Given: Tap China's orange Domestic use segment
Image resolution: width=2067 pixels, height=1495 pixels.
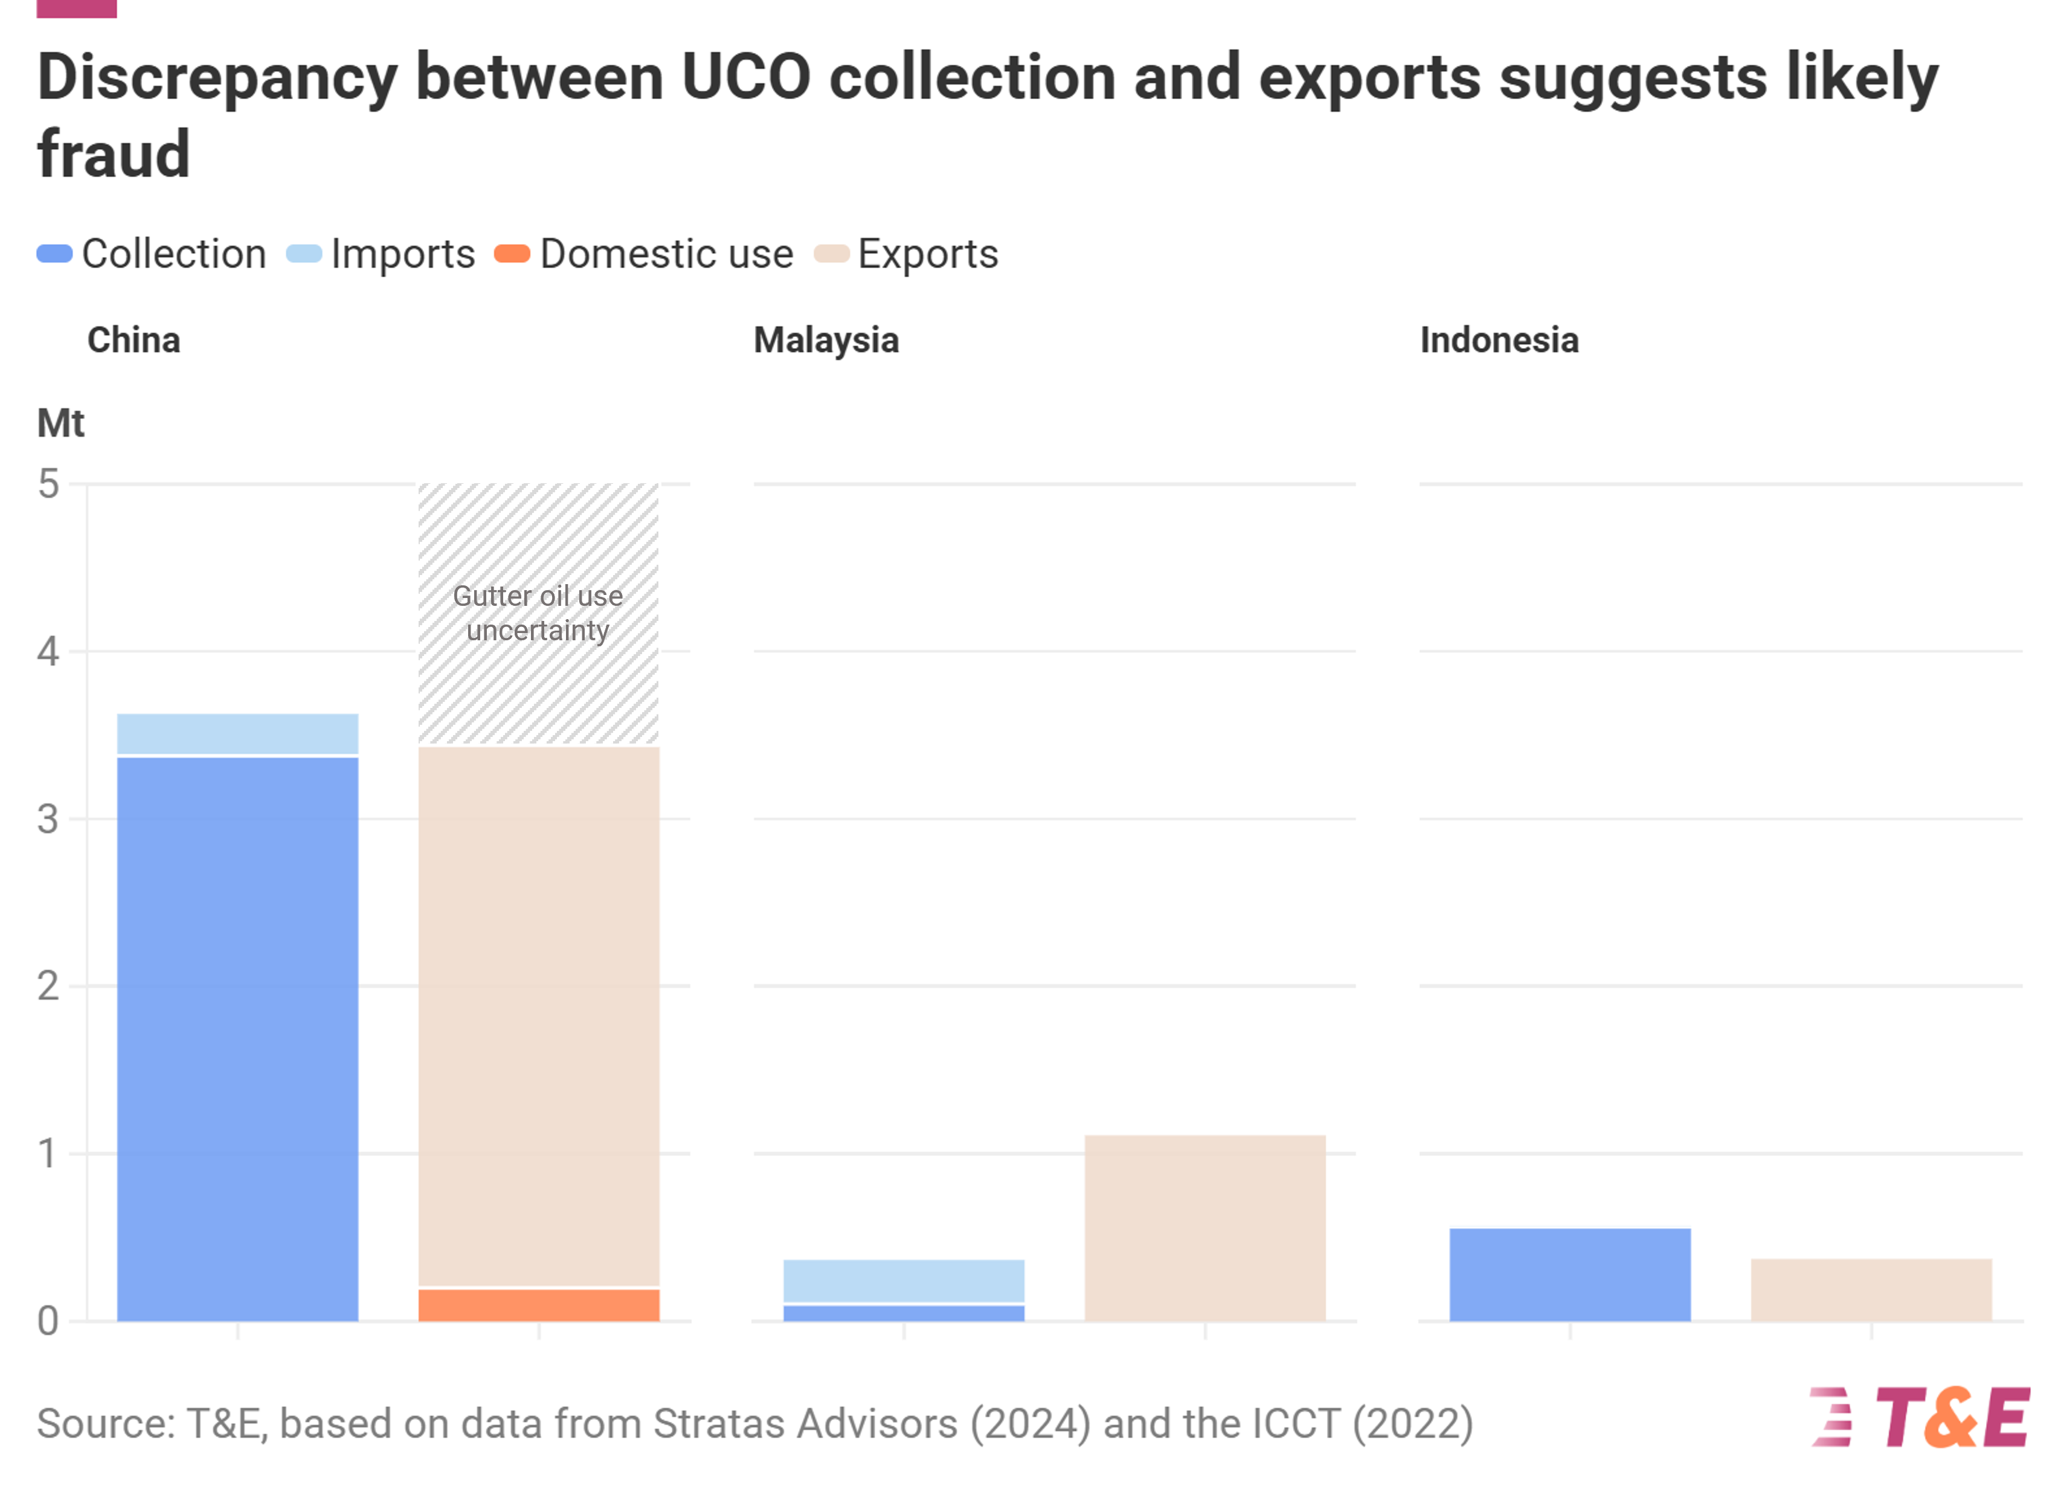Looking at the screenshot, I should tap(539, 1305).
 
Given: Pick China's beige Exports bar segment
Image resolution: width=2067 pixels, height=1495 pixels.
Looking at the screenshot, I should tap(539, 1017).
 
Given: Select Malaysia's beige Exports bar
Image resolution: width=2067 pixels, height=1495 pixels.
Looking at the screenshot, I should tap(1205, 1228).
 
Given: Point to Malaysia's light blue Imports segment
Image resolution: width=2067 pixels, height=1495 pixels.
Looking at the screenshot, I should tap(904, 1281).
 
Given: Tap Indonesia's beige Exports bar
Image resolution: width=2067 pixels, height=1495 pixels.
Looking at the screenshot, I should tap(1871, 1290).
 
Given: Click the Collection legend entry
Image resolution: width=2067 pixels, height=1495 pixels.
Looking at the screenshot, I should tap(152, 254).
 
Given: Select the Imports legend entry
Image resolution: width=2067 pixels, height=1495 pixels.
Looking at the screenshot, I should tap(381, 254).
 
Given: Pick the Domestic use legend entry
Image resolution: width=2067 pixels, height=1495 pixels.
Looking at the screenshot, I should tap(645, 254).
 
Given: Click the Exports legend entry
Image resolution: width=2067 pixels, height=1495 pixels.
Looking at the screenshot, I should tap(907, 254).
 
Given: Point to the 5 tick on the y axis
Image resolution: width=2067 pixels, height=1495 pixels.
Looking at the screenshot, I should tap(48, 484).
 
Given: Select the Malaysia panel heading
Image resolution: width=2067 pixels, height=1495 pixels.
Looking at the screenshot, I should tap(826, 340).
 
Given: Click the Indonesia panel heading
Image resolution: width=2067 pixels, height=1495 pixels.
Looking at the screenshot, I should tap(1499, 340).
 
